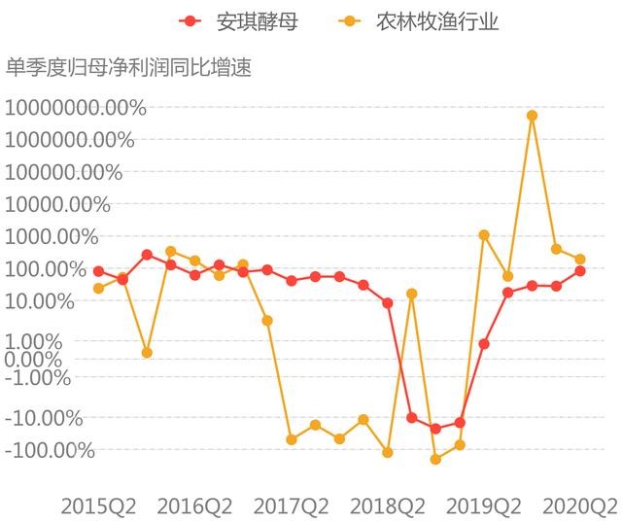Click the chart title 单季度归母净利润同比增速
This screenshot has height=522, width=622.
coord(128,67)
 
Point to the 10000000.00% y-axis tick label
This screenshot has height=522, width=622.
coord(76,107)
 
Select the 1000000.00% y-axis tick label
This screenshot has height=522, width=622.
coord(70,139)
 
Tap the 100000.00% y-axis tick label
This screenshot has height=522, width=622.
coord(64,172)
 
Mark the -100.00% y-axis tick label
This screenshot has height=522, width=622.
coord(51,450)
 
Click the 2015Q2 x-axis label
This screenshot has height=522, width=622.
coord(97,505)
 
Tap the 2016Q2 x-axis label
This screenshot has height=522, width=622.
coord(194,505)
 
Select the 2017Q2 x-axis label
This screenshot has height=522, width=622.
coord(291,505)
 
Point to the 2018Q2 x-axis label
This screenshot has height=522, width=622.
coord(388,505)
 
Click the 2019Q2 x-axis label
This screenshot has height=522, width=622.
coord(484,505)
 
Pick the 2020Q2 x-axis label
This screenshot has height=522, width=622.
coord(580,505)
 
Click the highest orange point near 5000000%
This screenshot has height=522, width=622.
coord(532,116)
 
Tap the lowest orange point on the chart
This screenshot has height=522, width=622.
coord(435,459)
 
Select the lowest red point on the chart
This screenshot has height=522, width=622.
coord(435,429)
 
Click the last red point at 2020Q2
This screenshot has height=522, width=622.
coord(580,271)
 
